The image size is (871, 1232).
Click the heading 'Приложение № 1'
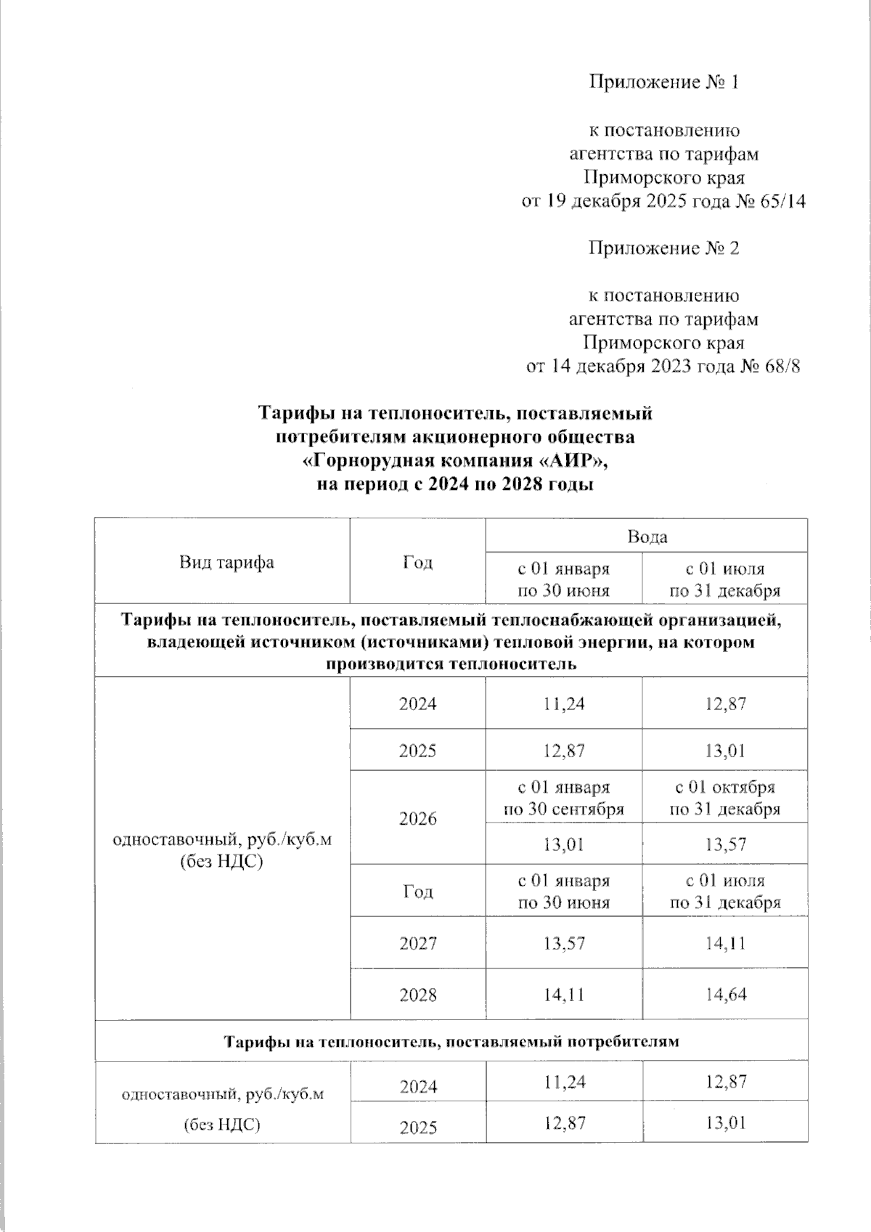[x=663, y=83]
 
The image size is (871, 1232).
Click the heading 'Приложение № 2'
[x=663, y=248]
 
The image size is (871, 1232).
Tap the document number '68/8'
[x=782, y=366]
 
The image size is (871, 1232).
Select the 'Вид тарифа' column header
[x=226, y=562]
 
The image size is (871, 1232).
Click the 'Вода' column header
[x=647, y=537]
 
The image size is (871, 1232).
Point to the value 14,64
[x=725, y=994]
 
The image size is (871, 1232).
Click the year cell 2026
[x=418, y=819]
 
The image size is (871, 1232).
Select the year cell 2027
[x=418, y=943]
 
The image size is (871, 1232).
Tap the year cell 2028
[x=418, y=994]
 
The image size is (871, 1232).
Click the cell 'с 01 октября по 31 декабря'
[x=725, y=798]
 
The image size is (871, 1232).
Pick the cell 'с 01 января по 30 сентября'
[x=563, y=798]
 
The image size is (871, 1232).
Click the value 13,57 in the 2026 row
[x=725, y=844]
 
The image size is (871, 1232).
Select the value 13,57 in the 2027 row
[x=563, y=943]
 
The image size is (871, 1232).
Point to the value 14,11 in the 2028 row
[x=563, y=994]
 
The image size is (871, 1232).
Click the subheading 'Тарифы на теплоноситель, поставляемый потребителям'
[x=451, y=1042]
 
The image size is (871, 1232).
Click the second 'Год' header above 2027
[x=418, y=892]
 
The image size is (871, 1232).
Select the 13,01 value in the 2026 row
[x=563, y=844]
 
